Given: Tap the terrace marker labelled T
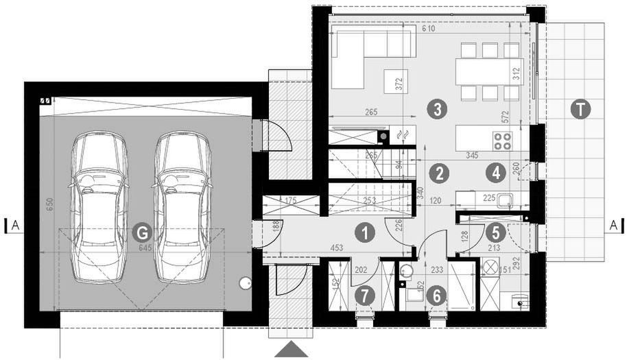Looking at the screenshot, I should pyautogui.click(x=580, y=110).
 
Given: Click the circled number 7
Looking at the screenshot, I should pyautogui.click(x=365, y=296).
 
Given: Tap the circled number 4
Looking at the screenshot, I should pyautogui.click(x=495, y=172).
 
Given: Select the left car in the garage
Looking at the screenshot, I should pyautogui.click(x=99, y=207).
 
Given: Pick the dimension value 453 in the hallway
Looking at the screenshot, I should pyautogui.click(x=336, y=249).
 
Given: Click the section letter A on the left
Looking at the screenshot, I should pyautogui.click(x=15, y=225).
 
